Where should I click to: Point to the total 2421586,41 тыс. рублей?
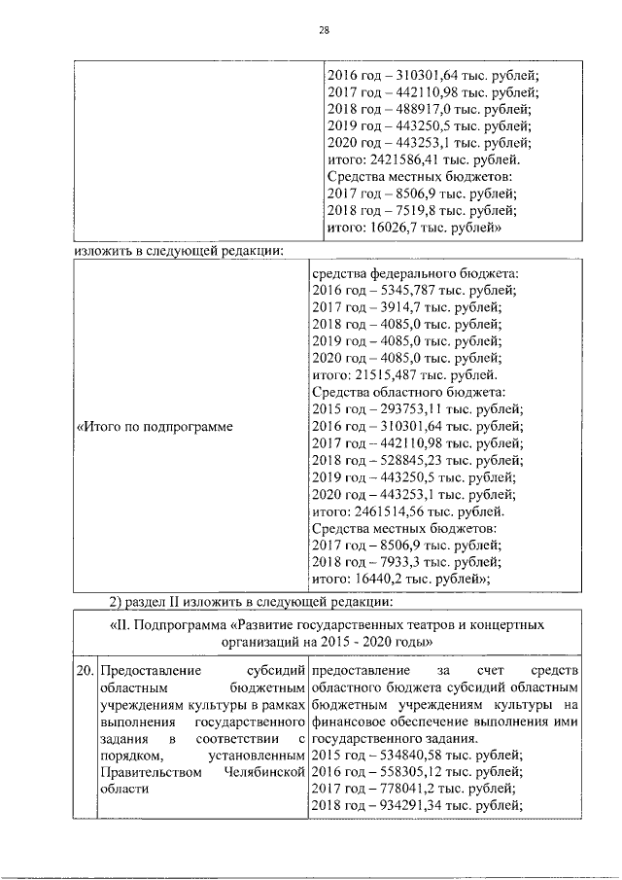click(420, 159)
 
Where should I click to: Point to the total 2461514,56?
click(406, 510)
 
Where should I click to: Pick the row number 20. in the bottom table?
click(85, 671)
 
